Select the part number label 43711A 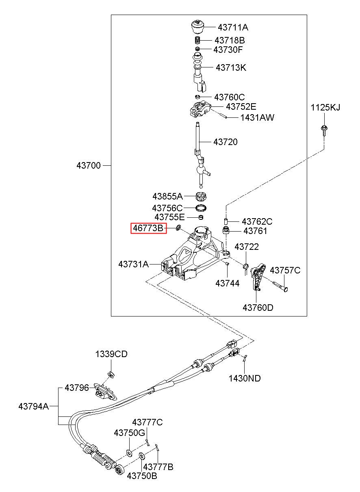pyautogui.click(x=233, y=28)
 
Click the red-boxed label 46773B pyautogui.click(x=148, y=228)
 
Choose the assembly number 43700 pyautogui.click(x=89, y=165)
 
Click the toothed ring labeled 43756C pyautogui.click(x=202, y=208)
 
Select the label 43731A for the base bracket pyautogui.click(x=134, y=264)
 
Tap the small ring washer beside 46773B pyautogui.click(x=178, y=228)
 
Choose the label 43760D pyautogui.click(x=258, y=308)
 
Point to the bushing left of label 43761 pyautogui.click(x=226, y=230)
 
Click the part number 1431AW pyautogui.click(x=257, y=117)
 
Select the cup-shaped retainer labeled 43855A pyautogui.click(x=201, y=196)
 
